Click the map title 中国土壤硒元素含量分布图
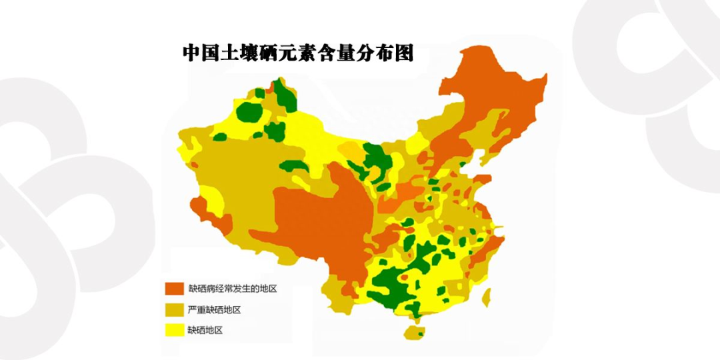tap(298, 53)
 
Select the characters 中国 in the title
tap(202, 53)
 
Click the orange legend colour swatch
tap(175, 289)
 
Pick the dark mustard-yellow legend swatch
tap(175, 309)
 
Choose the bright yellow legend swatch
tap(175, 330)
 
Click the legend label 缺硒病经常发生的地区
tap(232, 289)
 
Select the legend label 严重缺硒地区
tap(214, 309)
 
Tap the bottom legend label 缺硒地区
tap(205, 330)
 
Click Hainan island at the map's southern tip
tap(414, 331)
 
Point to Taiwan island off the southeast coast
tap(487, 295)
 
